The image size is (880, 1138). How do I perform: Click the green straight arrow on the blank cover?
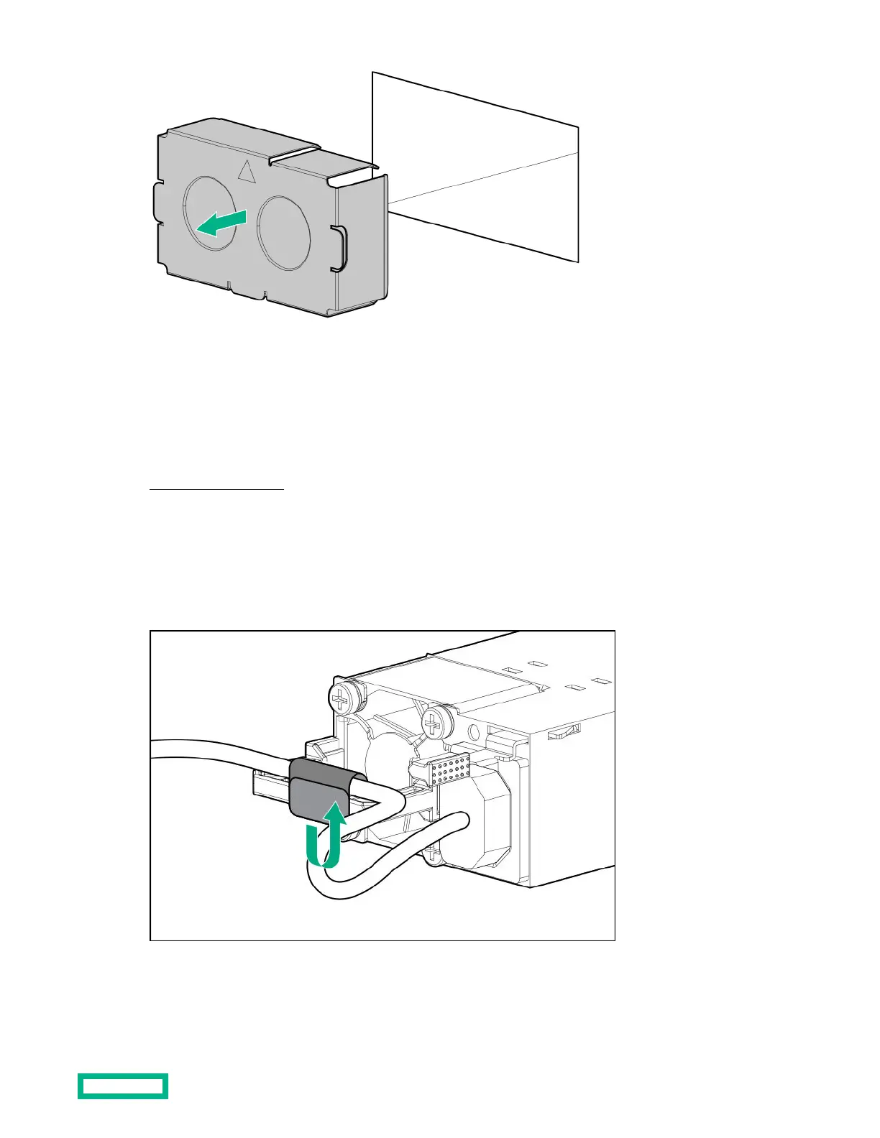(222, 223)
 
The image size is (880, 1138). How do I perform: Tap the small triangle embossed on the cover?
(247, 171)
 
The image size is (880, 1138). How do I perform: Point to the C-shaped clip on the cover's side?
(339, 249)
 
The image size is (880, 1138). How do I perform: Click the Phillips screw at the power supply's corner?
(340, 695)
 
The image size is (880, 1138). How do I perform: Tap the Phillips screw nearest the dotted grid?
(434, 724)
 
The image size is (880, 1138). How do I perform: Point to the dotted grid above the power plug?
(447, 770)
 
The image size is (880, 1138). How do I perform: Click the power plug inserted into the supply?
(475, 826)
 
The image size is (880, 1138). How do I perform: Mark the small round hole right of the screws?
(474, 734)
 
